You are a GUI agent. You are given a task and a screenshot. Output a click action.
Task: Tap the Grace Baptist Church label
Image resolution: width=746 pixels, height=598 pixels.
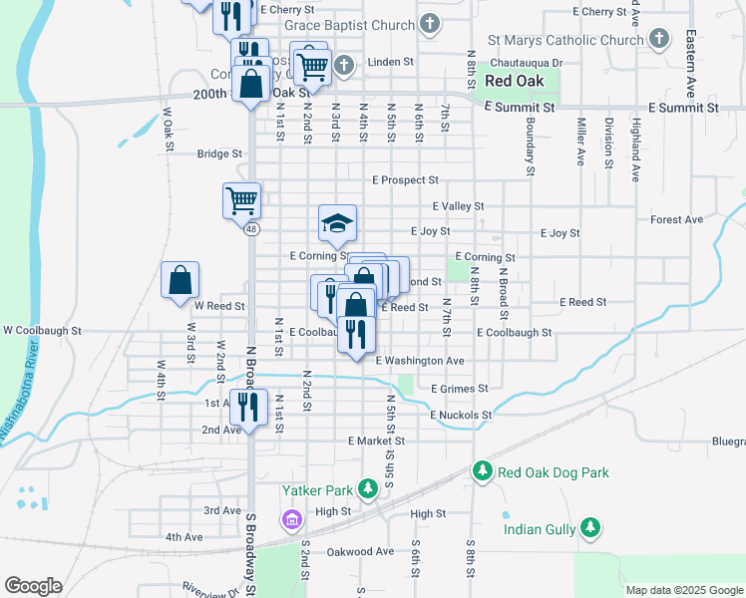point(348,24)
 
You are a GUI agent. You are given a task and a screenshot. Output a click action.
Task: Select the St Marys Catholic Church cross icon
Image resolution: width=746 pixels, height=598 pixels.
point(658,40)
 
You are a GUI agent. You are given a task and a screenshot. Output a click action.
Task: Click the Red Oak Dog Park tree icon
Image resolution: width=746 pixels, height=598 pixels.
point(483,469)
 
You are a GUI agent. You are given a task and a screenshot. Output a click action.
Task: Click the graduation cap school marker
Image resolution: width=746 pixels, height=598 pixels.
point(337,223)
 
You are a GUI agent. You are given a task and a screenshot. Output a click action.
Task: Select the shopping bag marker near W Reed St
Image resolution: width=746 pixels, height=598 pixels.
point(180,281)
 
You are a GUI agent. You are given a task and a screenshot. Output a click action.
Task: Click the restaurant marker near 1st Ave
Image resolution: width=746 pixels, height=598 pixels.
point(248,406)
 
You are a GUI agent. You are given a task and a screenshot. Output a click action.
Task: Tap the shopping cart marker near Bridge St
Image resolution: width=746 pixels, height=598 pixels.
point(241,200)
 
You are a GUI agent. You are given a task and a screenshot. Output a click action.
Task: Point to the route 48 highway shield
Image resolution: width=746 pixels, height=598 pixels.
point(249,229)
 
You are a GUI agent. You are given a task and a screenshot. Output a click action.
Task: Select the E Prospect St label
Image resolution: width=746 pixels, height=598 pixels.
point(405,180)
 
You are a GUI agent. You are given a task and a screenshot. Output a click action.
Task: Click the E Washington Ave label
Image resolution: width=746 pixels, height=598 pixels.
point(420,360)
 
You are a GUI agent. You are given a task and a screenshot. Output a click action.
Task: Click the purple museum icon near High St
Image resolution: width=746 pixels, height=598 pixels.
point(291,519)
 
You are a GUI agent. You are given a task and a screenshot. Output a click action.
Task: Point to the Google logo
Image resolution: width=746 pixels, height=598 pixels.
point(33,586)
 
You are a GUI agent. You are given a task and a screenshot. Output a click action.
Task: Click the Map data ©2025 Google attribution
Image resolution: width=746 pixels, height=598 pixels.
point(683,590)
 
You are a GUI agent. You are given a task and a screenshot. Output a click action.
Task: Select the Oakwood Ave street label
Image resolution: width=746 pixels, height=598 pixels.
point(360,551)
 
